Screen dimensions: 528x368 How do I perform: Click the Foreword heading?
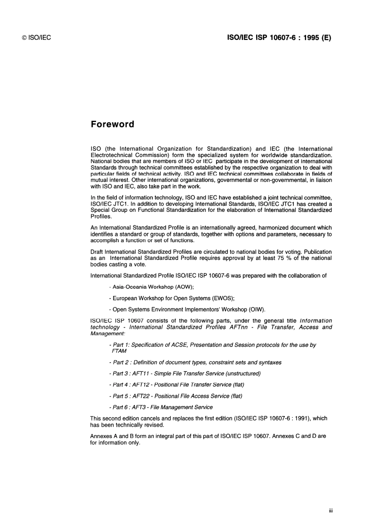(x=112, y=124)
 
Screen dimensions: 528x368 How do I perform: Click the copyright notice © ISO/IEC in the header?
(x=36, y=38)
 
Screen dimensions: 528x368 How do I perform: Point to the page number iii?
(x=330, y=511)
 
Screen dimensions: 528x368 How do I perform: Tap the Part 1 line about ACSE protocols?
(x=213, y=345)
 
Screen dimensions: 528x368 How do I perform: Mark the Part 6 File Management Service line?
(x=161, y=407)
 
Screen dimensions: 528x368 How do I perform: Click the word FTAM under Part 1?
(x=119, y=351)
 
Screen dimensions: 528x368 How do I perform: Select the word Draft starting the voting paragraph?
(x=97, y=252)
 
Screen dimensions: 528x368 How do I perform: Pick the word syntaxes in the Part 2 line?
(x=270, y=362)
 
